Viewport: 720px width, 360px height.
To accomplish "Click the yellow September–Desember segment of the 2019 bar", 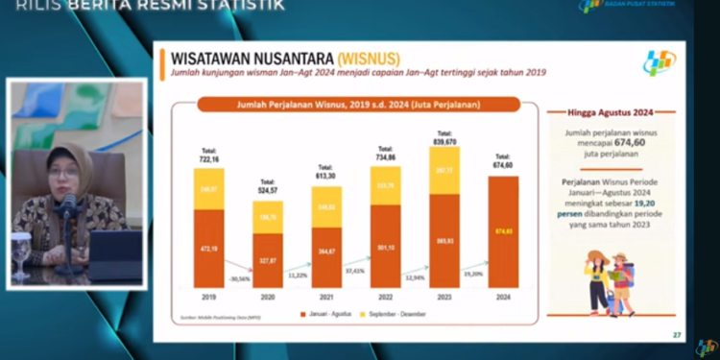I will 208,189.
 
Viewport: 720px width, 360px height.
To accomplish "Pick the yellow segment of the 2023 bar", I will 444,170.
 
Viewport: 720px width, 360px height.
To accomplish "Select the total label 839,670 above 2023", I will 444,137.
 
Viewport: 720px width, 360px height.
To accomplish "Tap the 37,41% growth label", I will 355,271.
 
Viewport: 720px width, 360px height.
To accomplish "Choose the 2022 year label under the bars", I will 385,298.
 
